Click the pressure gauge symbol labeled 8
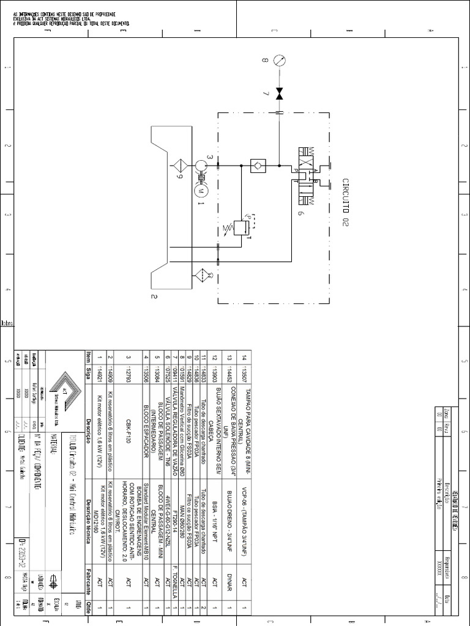[x=280, y=61]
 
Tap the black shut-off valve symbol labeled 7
[x=280, y=94]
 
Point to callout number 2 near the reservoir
[x=154, y=297]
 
